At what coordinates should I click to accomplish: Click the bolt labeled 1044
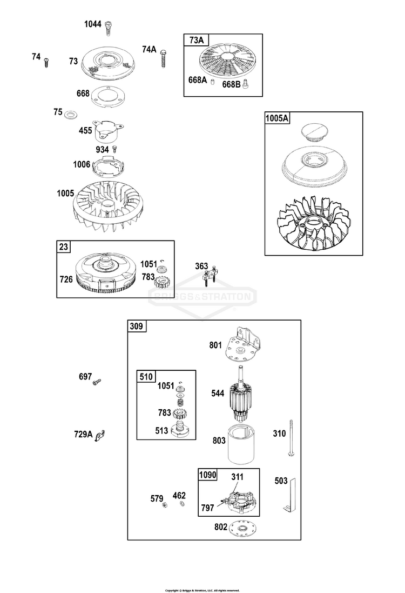tap(109, 28)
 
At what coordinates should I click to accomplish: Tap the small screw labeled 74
tap(47, 62)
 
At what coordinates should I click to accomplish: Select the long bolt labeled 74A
tap(164, 58)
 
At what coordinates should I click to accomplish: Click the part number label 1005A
tap(276, 118)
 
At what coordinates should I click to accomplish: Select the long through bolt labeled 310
tap(292, 438)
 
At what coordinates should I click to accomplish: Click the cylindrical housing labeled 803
tap(242, 444)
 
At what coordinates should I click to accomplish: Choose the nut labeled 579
tap(165, 505)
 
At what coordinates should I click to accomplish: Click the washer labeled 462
tap(183, 504)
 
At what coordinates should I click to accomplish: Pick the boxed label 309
tap(137, 326)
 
